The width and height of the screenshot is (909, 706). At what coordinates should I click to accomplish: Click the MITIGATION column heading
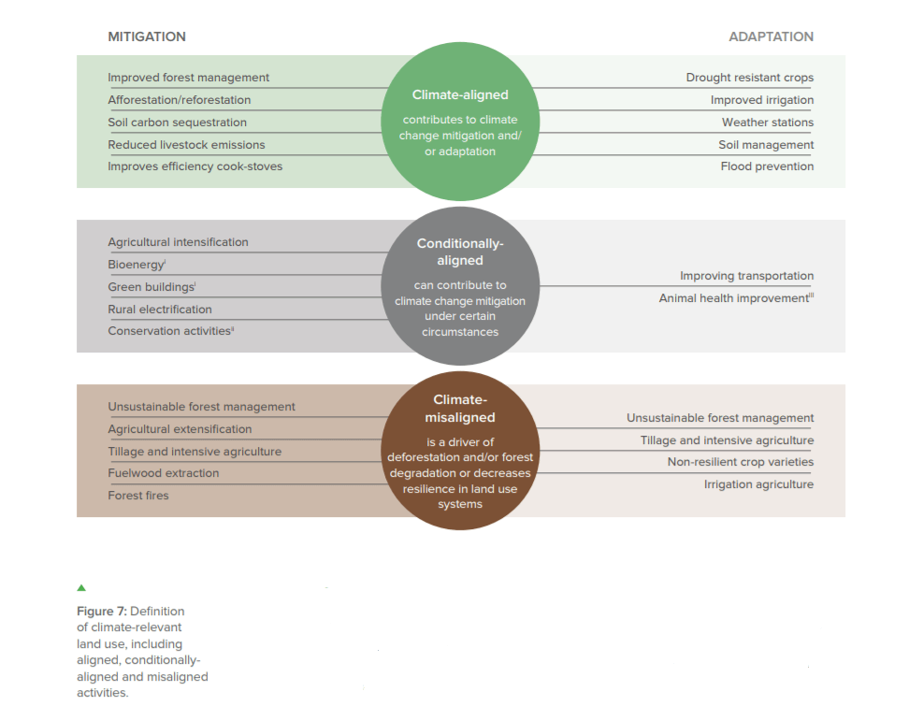pos(147,36)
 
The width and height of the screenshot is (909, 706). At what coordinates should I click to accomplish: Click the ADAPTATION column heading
pos(771,36)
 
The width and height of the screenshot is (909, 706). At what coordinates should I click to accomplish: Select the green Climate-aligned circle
pos(460,122)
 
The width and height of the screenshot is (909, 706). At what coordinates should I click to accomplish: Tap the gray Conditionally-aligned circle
pos(460,286)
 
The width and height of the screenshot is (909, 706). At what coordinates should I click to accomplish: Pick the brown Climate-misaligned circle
pos(460,451)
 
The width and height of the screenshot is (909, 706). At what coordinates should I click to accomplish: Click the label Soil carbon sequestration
pos(178,122)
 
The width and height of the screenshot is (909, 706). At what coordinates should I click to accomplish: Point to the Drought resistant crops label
pos(750,78)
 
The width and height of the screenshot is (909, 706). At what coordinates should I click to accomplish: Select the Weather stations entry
pos(768,122)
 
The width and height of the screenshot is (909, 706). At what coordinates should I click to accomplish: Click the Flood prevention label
pos(767,166)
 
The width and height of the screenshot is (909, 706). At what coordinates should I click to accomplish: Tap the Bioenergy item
pos(137,265)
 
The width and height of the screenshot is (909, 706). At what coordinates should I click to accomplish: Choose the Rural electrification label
pos(160,310)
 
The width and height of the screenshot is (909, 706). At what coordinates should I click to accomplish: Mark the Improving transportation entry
pos(746,276)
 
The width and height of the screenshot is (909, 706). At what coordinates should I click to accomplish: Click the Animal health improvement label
pos(736,298)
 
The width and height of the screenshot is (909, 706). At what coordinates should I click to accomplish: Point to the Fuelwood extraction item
pos(164,473)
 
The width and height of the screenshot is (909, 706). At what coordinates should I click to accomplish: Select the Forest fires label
pos(138,496)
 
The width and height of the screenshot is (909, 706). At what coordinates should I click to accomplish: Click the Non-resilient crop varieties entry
pos(741,462)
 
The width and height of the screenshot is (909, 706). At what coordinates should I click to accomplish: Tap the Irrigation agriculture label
pos(758,484)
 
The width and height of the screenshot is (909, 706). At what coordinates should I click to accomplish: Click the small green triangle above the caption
pos(81,588)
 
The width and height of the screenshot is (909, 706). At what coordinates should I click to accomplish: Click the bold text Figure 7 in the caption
pos(101,612)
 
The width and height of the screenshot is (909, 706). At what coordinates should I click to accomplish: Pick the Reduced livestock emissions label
pos(186,145)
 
